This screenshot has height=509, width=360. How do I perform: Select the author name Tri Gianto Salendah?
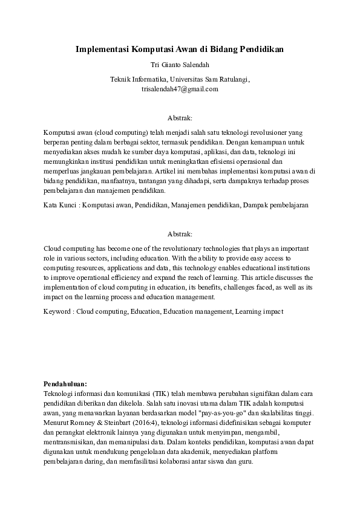click(x=179, y=64)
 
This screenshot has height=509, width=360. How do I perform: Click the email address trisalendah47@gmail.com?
click(x=179, y=88)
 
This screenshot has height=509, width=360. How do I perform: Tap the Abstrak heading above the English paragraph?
click(x=179, y=233)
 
